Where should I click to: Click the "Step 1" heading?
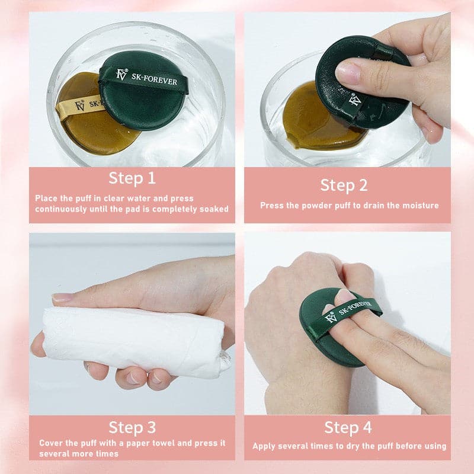(132, 178)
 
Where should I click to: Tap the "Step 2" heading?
(344, 185)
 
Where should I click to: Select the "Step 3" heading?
(132, 427)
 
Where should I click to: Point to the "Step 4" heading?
(348, 427)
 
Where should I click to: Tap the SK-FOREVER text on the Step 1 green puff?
(154, 79)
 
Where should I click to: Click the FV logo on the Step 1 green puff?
(121, 75)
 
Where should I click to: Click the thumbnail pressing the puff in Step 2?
(347, 72)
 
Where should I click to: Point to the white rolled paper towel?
(133, 341)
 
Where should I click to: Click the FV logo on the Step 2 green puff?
(354, 100)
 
